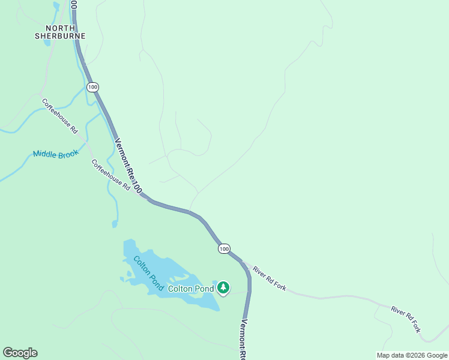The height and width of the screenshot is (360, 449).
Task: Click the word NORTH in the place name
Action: (60, 28)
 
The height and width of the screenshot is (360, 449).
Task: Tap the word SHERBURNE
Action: (60, 36)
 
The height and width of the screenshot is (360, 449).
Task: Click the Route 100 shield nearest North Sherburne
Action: (92, 88)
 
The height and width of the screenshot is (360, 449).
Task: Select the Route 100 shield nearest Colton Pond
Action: (224, 248)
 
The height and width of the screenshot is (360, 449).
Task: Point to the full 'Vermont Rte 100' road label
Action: (128, 166)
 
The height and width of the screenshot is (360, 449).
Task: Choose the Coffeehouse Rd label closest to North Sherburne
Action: (60, 116)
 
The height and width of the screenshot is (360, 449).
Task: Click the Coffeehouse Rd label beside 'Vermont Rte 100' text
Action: (111, 175)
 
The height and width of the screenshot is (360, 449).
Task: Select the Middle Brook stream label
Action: (56, 154)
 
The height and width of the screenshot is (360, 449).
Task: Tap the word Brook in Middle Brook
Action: (68, 155)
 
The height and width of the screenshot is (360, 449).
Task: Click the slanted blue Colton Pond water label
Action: (148, 273)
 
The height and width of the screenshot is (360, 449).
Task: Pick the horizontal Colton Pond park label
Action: (191, 289)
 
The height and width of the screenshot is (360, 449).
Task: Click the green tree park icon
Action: (223, 288)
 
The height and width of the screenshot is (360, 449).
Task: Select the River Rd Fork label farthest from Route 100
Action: (406, 319)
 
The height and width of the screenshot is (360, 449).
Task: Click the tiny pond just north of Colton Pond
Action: (115, 224)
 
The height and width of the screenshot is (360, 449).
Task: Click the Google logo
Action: (20, 353)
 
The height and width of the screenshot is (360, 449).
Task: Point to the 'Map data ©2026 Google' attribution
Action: (412, 355)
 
